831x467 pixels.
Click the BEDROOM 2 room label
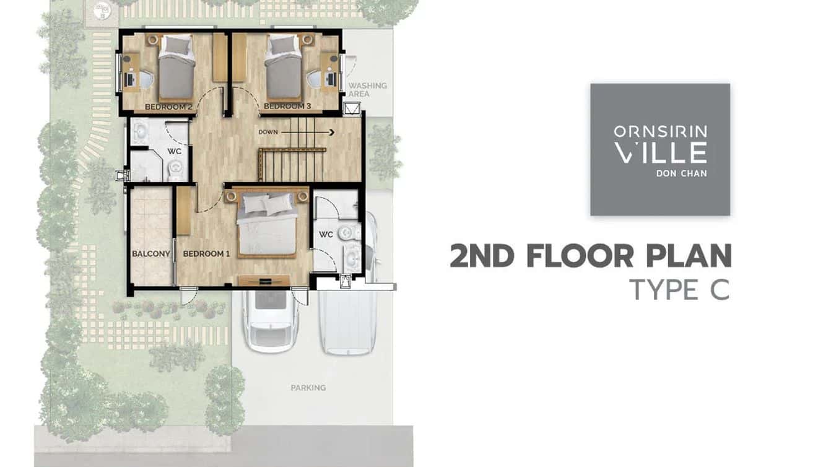[168, 107]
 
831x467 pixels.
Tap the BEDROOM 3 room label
[287, 107]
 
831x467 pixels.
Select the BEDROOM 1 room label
[206, 254]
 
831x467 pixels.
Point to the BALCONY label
[151, 254]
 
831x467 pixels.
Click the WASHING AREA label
[367, 90]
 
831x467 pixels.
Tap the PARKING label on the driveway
[308, 388]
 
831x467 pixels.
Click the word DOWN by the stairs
[268, 132]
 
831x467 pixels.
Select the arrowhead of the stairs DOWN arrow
[331, 133]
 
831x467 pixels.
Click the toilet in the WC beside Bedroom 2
[175, 170]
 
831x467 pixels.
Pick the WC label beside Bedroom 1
[326, 234]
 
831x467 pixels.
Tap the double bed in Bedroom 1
[267, 224]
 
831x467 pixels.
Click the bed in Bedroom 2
[176, 68]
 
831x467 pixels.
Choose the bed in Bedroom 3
[283, 68]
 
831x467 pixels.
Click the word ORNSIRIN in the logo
[660, 131]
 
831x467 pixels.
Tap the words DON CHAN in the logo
[682, 173]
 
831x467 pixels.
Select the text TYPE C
[680, 290]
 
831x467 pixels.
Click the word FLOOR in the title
[580, 256]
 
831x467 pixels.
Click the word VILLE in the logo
[660, 152]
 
